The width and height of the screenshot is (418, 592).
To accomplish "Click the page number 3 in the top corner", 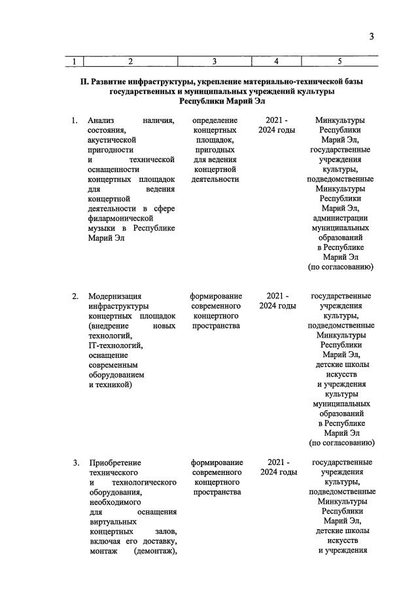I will (371, 37).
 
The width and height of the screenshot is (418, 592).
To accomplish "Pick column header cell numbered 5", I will (340, 61).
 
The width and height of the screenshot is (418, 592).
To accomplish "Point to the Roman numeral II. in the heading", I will (84, 82).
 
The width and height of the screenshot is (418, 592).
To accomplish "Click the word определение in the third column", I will (215, 120).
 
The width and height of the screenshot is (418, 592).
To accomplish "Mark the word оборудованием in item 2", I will (116, 374).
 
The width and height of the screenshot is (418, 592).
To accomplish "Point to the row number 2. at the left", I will (75, 296).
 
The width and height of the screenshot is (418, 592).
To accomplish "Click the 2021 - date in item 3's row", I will (277, 463).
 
